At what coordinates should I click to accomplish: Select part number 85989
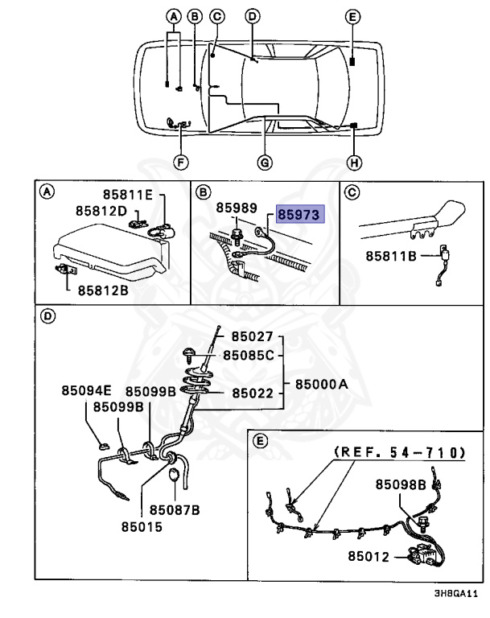236,208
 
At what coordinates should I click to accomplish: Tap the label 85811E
133,195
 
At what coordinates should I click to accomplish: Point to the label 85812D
101,211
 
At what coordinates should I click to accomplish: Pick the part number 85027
253,336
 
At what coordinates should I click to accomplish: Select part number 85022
253,393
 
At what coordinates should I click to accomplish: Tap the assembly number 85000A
319,385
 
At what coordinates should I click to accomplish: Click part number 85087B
173,509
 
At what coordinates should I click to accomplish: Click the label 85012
369,555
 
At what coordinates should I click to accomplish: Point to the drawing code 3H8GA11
455,595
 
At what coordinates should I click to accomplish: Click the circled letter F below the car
181,162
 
